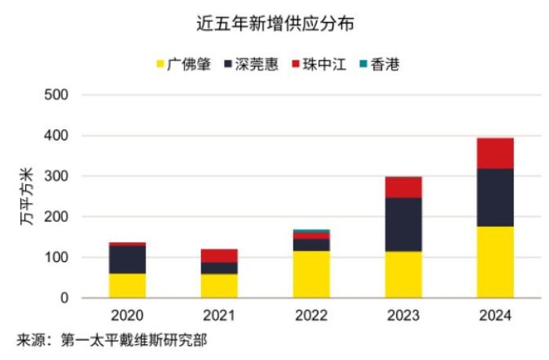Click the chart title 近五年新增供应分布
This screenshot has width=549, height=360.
274,24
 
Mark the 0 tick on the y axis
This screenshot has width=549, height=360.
66,298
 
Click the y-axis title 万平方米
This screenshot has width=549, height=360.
25,196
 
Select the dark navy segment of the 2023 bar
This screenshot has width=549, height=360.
403,224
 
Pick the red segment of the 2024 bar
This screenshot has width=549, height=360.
495,153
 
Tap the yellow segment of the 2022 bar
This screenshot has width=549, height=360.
311,275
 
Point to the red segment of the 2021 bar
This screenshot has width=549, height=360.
220,256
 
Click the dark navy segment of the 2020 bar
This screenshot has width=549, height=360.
128,260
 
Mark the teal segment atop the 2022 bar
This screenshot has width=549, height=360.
311,231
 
